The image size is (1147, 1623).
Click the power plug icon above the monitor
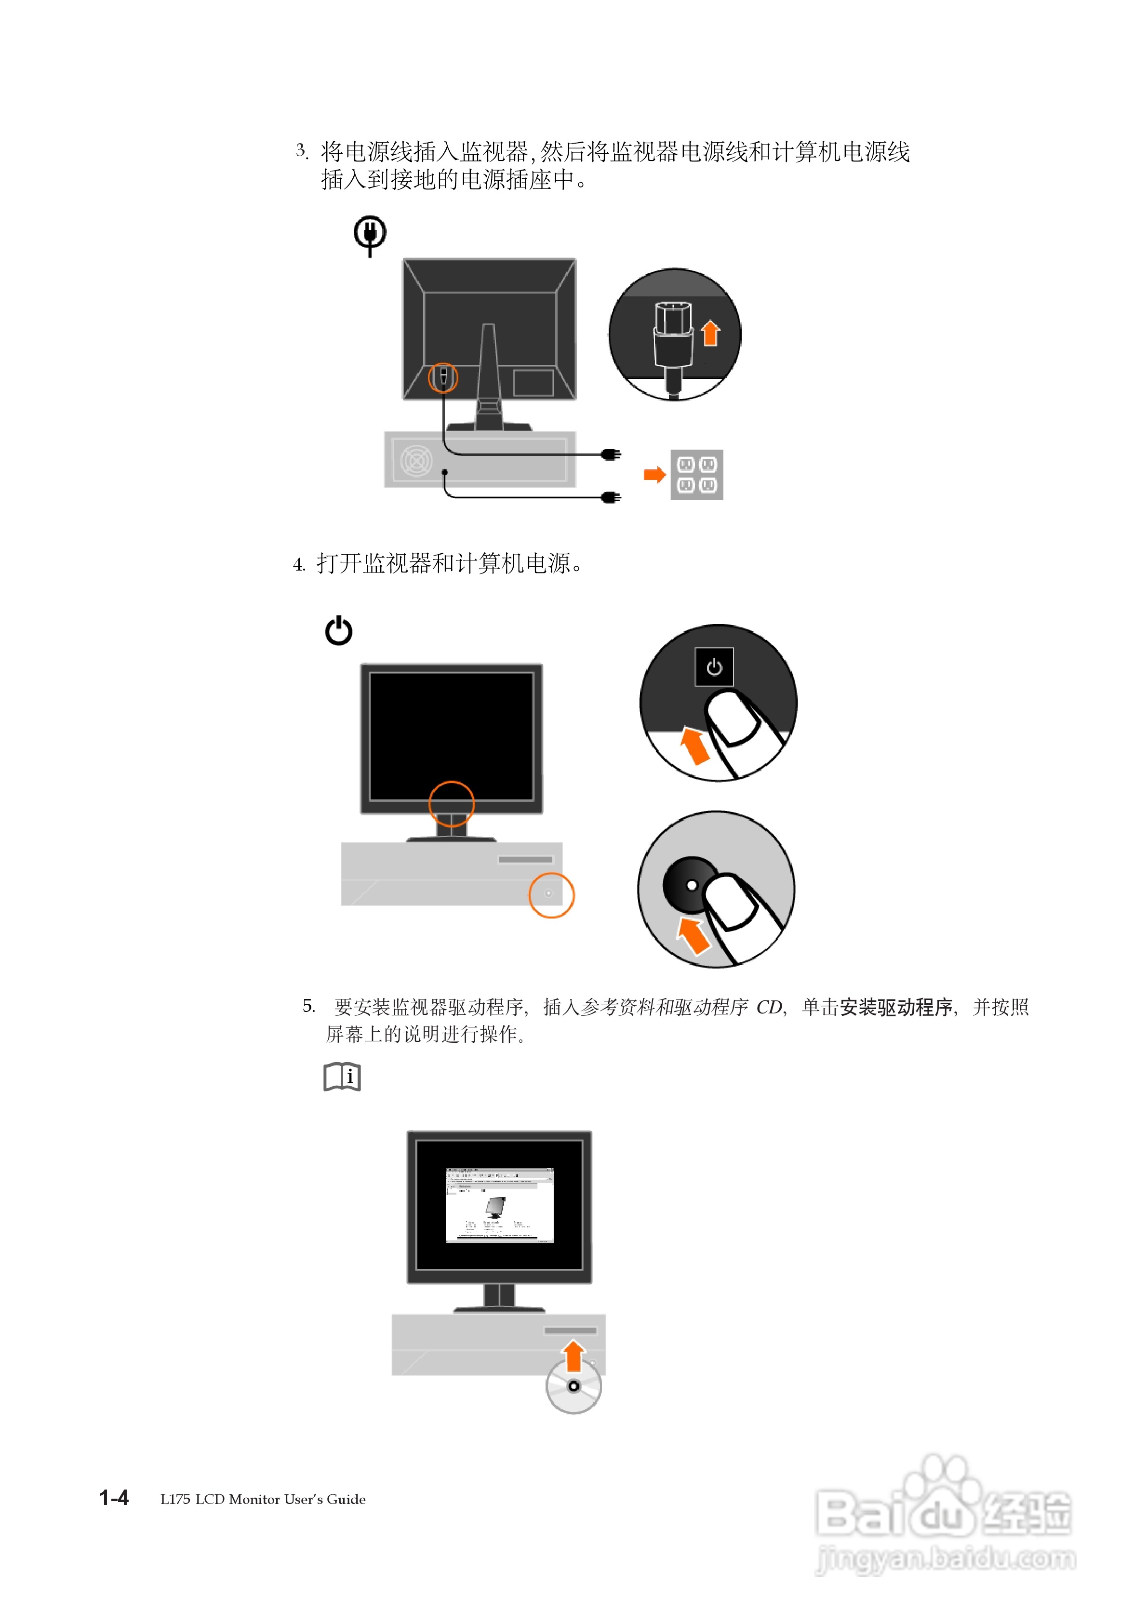(x=370, y=235)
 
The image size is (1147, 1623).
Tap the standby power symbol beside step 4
(x=338, y=630)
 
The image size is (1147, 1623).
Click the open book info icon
(x=342, y=1077)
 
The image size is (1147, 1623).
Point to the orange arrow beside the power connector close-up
(x=711, y=333)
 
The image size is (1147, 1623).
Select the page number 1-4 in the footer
(x=114, y=1498)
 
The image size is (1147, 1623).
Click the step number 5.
(x=308, y=1005)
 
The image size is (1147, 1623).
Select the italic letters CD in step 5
(x=769, y=1007)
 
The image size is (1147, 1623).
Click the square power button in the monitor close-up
(x=714, y=666)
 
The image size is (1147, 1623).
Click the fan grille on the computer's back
(x=416, y=461)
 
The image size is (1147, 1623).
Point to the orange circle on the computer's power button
(x=552, y=895)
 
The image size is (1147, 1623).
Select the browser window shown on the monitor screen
(x=499, y=1205)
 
